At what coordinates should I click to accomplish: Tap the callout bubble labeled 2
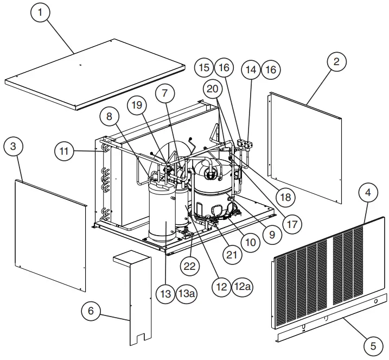(336, 62)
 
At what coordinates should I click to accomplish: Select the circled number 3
(14, 147)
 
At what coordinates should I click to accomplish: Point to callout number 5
(372, 344)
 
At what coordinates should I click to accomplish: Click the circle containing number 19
(138, 104)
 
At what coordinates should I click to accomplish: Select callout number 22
(190, 266)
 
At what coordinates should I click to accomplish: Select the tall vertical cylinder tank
(162, 214)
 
